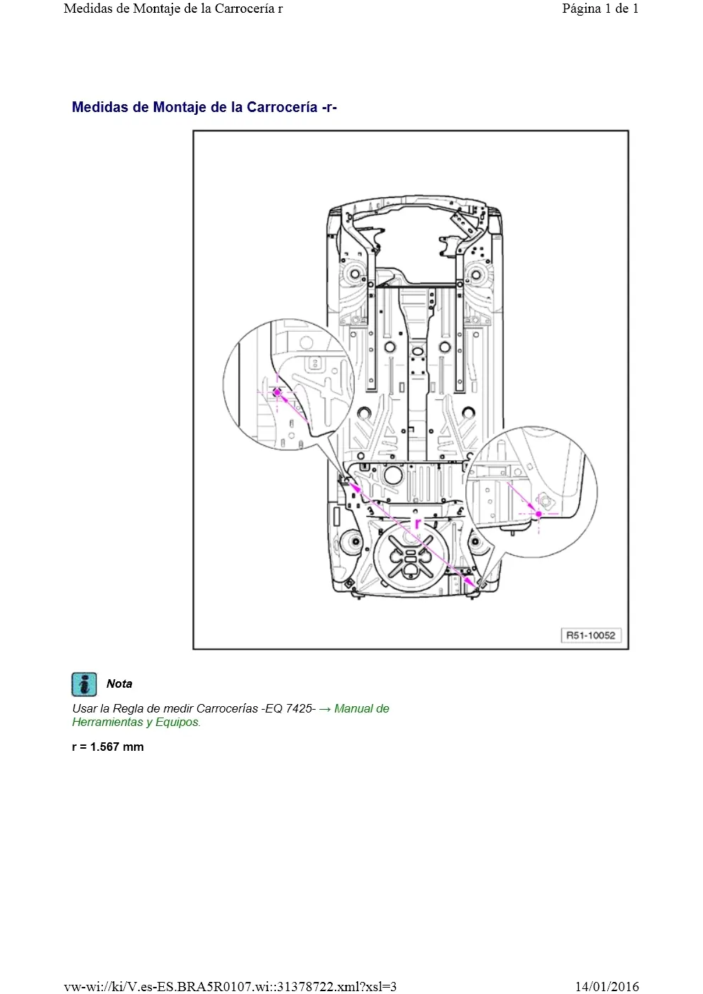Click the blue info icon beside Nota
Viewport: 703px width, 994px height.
tap(84, 684)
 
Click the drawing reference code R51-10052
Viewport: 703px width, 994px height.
tap(591, 635)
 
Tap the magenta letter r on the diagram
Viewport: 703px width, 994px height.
tap(417, 523)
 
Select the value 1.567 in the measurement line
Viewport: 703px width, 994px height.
tap(105, 747)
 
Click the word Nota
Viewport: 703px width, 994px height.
tap(119, 684)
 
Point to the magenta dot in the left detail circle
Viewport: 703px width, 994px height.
tap(277, 392)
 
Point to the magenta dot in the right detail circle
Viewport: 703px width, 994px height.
tap(538, 514)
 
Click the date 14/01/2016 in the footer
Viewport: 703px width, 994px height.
tap(607, 986)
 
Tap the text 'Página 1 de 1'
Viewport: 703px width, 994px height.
tap(600, 9)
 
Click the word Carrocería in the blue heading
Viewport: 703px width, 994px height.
tap(282, 107)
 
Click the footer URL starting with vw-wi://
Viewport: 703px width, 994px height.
tap(230, 986)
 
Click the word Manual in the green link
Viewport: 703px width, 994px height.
tap(355, 709)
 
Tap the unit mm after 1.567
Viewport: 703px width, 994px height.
tap(133, 747)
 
